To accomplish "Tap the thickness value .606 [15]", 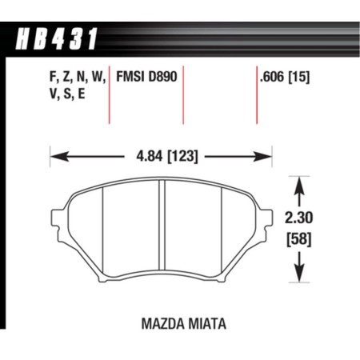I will pyautogui.click(x=284, y=78).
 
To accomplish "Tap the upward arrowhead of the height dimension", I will pyautogui.click(x=299, y=184).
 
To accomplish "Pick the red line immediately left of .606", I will pyautogui.click(x=256, y=96).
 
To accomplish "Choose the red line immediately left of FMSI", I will pyautogui.click(x=109, y=96).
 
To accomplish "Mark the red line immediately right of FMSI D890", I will pyautogui.click(x=184, y=96).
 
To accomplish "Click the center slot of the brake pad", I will pyautogui.click(x=161, y=227).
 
